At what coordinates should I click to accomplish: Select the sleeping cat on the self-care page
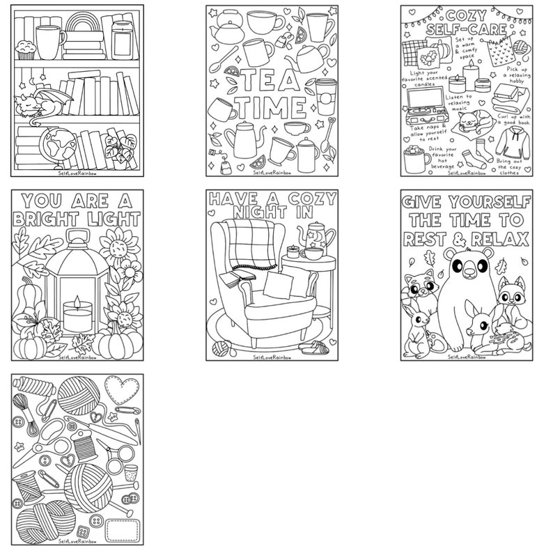(x=468, y=121)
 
